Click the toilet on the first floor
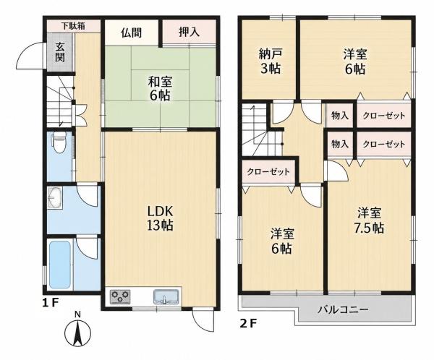click(x=59, y=142)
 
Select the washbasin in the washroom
click(x=56, y=197)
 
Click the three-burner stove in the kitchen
click(x=120, y=297)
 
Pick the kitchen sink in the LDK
click(x=166, y=297)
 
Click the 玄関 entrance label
click(x=60, y=52)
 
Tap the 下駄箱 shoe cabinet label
click(x=73, y=26)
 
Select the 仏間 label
click(x=131, y=33)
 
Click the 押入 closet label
click(x=189, y=32)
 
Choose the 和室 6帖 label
click(x=160, y=88)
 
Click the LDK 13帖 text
click(x=160, y=218)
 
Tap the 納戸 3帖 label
click(x=271, y=61)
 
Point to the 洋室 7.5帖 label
click(x=369, y=220)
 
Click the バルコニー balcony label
click(x=343, y=309)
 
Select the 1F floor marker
click(x=50, y=303)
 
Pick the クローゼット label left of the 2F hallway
click(x=268, y=172)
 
